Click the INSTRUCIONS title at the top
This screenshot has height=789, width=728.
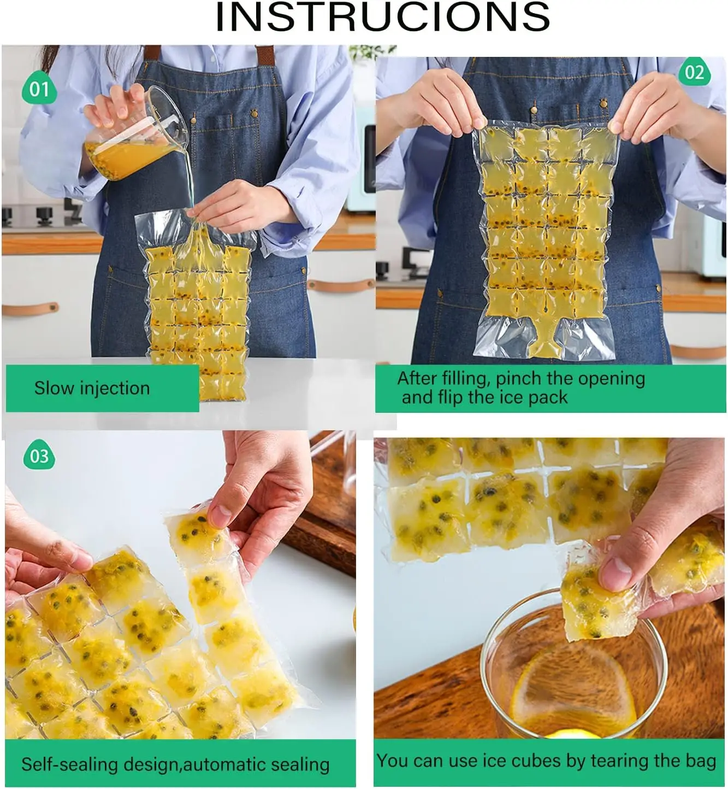[382, 17]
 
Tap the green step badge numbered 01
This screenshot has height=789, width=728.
[39, 89]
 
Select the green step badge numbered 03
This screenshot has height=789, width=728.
[39, 456]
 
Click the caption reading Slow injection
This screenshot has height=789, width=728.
[92, 388]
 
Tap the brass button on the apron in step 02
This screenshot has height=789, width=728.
[535, 109]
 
